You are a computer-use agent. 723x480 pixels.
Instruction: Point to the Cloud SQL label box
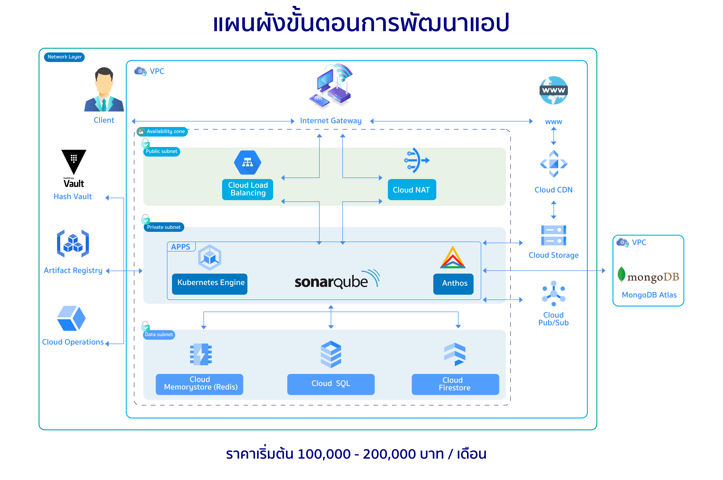[331, 384]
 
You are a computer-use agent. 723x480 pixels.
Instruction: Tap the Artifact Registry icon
[73, 243]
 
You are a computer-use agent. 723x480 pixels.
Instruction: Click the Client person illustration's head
[104, 80]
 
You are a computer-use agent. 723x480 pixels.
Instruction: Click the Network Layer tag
[64, 57]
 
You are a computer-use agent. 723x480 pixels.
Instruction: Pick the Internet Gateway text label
[331, 121]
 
